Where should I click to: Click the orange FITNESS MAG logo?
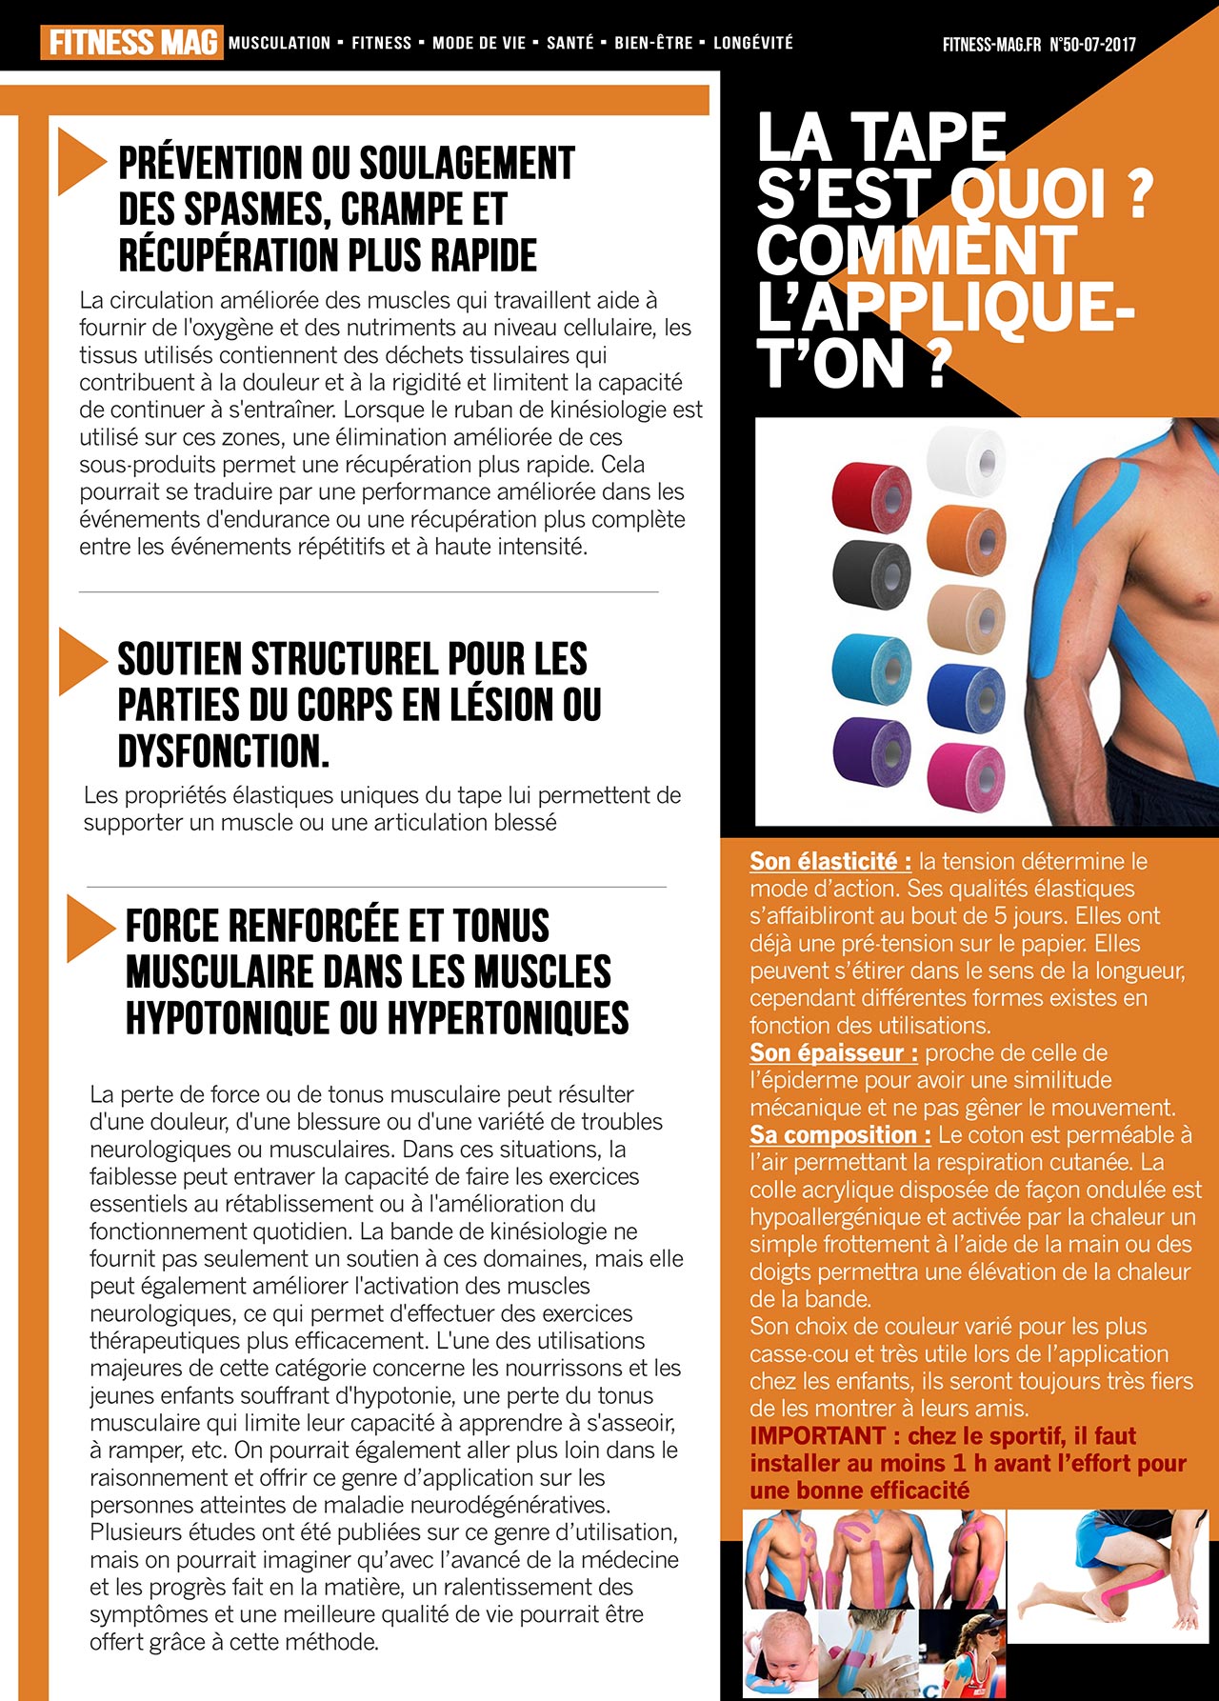[x=131, y=43]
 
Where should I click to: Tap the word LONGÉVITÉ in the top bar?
[x=752, y=43]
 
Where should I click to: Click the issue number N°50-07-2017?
[x=1092, y=45]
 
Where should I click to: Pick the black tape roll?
[x=871, y=574]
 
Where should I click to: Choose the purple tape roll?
[x=871, y=750]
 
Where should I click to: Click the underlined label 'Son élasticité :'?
[x=829, y=862]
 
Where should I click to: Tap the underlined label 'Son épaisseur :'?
[x=833, y=1053]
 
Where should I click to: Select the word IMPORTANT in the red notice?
[x=817, y=1436]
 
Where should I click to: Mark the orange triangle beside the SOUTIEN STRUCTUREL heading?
[x=80, y=661]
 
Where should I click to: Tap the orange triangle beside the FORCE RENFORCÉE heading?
[x=88, y=929]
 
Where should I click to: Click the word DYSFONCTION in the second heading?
[x=223, y=751]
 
